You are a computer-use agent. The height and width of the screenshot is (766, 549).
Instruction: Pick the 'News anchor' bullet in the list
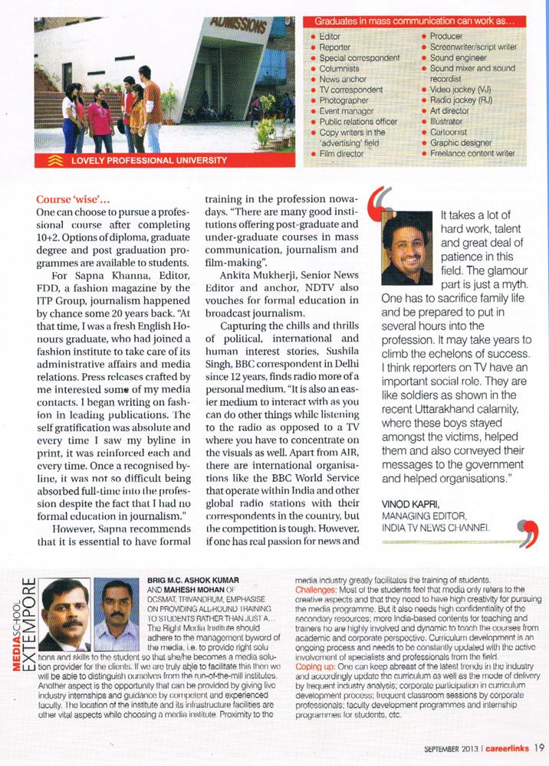(344, 79)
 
